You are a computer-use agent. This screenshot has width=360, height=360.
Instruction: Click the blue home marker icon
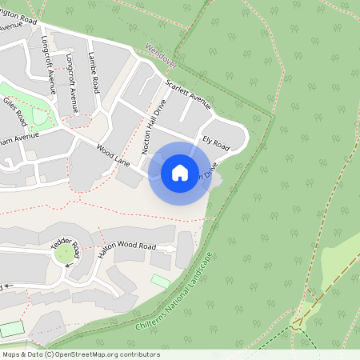coord(180,173)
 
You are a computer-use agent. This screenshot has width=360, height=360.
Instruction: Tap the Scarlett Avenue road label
coord(187,94)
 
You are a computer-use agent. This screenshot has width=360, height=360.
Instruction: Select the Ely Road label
coord(216,144)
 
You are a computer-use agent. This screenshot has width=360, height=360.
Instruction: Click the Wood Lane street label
coord(113,155)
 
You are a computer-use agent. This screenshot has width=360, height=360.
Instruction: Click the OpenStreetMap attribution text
coord(81,354)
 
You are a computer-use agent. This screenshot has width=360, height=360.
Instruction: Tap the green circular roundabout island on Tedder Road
coord(63,254)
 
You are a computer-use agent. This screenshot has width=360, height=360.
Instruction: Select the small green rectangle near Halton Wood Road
coord(161,281)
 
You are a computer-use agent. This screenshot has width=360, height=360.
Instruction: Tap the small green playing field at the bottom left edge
coord(11,329)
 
